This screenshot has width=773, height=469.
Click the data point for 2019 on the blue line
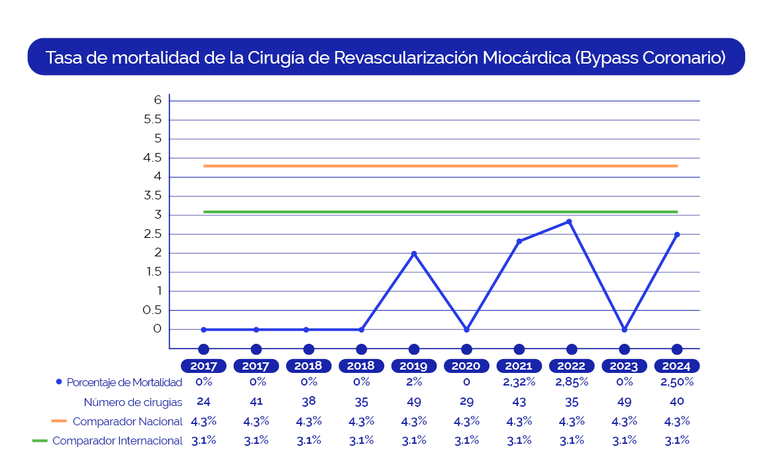(x=414, y=254)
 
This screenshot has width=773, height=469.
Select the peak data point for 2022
(x=569, y=222)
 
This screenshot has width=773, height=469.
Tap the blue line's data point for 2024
(x=677, y=234)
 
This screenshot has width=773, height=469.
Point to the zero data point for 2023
(x=624, y=329)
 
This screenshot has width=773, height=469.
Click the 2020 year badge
(x=466, y=366)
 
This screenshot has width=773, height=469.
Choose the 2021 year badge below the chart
(x=519, y=366)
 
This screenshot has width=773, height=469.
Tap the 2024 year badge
(x=676, y=366)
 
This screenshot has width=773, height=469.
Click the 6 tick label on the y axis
(x=158, y=100)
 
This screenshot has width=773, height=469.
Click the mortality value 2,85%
(x=572, y=382)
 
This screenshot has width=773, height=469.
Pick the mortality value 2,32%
(x=519, y=382)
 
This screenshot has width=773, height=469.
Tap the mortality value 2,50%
(x=677, y=382)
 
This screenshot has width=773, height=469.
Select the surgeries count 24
(x=203, y=401)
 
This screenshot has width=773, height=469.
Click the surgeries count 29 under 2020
(x=466, y=401)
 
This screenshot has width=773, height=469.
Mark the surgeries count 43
(x=519, y=401)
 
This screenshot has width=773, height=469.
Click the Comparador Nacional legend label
(x=127, y=421)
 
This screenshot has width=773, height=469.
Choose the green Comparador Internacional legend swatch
(x=40, y=441)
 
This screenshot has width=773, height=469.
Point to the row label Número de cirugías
(x=132, y=402)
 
